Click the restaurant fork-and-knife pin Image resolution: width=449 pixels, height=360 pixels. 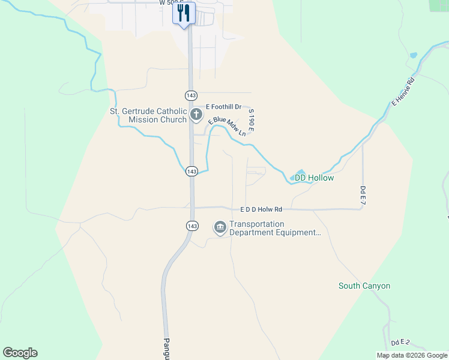pyautogui.click(x=184, y=13)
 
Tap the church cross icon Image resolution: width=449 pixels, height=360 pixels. pyautogui.click(x=196, y=114)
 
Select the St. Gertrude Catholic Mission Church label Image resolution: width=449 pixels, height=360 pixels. pyautogui.click(x=148, y=115)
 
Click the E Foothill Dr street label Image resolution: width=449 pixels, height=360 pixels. pyautogui.click(x=223, y=106)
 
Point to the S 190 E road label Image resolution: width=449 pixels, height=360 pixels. pyautogui.click(x=252, y=121)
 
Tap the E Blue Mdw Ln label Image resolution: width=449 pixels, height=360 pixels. pyautogui.click(x=228, y=127)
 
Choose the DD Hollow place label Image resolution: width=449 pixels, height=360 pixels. pyautogui.click(x=314, y=178)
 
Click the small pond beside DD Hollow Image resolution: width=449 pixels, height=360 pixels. pyautogui.click(x=298, y=176)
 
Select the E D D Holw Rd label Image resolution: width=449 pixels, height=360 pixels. pyautogui.click(x=261, y=209)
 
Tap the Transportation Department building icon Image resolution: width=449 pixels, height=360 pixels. pyautogui.click(x=220, y=227)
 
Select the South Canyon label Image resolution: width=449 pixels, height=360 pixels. pyautogui.click(x=364, y=286)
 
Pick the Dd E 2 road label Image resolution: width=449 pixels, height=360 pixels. pyautogui.click(x=400, y=343)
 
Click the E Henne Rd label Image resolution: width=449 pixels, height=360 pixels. pyautogui.click(x=403, y=92)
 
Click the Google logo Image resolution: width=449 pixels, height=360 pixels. pyautogui.click(x=20, y=353)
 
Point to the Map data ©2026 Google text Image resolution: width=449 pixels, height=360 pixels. pyautogui.click(x=411, y=355)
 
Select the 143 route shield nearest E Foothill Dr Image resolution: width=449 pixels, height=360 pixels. pyautogui.click(x=191, y=95)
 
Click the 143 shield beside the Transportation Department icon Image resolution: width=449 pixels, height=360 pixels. pyautogui.click(x=191, y=226)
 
